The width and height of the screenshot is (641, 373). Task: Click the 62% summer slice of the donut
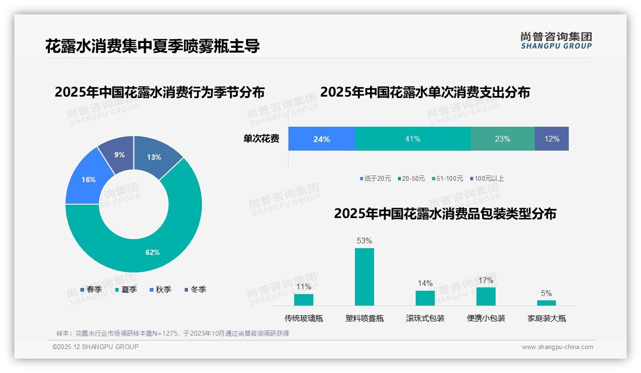click(x=152, y=252)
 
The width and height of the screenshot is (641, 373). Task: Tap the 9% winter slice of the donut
click(x=119, y=154)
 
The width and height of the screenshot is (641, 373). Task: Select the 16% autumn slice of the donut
click(x=88, y=179)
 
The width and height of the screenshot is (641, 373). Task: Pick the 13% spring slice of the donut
click(x=154, y=157)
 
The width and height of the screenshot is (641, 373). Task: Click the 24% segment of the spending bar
click(x=321, y=139)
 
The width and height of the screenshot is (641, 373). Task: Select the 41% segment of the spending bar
click(x=412, y=139)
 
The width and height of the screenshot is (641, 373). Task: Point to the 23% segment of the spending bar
click(x=502, y=139)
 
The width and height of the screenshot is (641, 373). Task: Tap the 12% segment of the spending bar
click(x=552, y=139)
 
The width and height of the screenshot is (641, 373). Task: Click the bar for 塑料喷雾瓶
click(x=364, y=277)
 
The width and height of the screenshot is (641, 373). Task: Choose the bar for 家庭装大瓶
click(x=546, y=303)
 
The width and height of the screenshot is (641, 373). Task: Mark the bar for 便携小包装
click(x=486, y=296)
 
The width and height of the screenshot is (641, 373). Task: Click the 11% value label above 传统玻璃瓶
click(x=304, y=287)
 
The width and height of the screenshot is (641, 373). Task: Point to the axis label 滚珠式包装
click(x=425, y=318)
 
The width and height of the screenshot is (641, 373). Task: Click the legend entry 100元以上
click(x=487, y=179)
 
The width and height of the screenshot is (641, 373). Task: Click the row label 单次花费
click(x=261, y=139)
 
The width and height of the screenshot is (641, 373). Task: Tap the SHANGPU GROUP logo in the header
click(x=556, y=41)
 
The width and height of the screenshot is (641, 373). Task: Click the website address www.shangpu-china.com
click(x=557, y=347)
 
